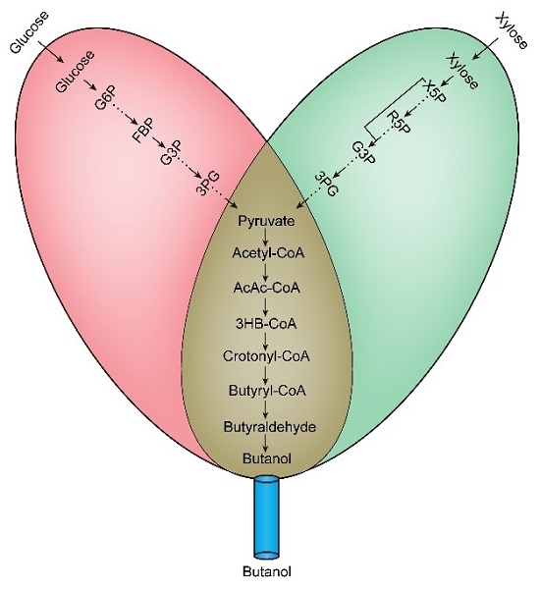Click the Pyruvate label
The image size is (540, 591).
[x=266, y=221]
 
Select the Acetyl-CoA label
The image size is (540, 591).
[x=268, y=252]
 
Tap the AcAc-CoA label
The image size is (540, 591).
[x=267, y=288]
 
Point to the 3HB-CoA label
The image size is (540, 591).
[x=266, y=323]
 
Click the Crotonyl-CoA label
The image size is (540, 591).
[x=266, y=356]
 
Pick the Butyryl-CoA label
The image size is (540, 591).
[x=267, y=391]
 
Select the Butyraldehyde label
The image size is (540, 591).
[x=269, y=427]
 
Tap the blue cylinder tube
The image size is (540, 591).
[x=266, y=518]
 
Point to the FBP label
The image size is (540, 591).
[x=142, y=132]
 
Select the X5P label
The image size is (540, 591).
[x=435, y=92]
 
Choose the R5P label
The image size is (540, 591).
[x=399, y=123]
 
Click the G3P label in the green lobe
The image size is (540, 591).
[x=364, y=152]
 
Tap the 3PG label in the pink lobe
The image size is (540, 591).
[x=207, y=184]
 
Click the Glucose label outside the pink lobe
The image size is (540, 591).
[x=29, y=32]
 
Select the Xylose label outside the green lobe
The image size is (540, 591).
[x=512, y=31]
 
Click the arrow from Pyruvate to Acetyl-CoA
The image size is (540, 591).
[x=266, y=237]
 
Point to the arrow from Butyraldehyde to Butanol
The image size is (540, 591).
[x=266, y=444]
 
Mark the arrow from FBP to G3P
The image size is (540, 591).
[x=159, y=142]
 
